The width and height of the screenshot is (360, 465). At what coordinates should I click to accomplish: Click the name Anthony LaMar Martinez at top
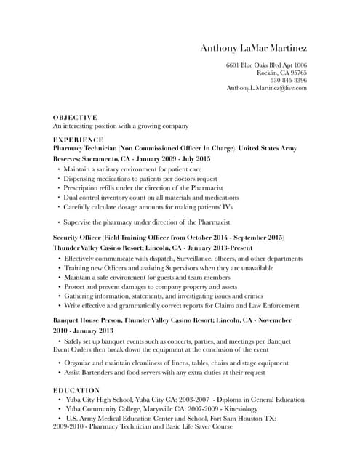pyautogui.click(x=254, y=48)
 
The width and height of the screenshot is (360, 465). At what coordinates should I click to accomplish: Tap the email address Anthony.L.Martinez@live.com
pyautogui.click(x=266, y=88)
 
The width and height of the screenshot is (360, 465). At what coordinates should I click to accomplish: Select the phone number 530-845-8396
pyautogui.click(x=288, y=80)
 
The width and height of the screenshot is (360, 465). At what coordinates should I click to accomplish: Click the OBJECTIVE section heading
pyautogui.click(x=75, y=117)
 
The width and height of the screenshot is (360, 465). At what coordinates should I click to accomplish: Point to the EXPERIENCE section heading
pyautogui.click(x=79, y=139)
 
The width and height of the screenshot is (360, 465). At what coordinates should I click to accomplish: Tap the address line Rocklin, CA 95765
pyautogui.click(x=281, y=73)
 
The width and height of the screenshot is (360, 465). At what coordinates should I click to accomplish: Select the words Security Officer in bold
pyautogui.click(x=76, y=238)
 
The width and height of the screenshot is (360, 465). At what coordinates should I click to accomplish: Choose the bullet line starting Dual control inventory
pyautogui.click(x=151, y=197)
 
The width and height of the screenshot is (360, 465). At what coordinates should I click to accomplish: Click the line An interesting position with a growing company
pyautogui.click(x=110, y=126)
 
